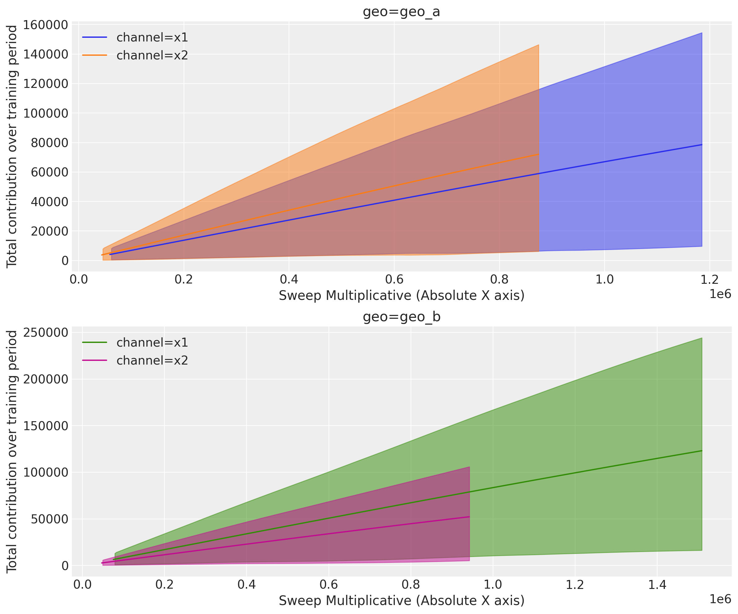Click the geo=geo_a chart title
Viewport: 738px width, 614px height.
[401, 12]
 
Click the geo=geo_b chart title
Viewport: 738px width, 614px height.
[401, 317]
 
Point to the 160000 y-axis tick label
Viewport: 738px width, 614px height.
[45, 25]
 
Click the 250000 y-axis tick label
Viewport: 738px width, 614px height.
[45, 332]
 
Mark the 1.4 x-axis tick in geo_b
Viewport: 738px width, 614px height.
[657, 585]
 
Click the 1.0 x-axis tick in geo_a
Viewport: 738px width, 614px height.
[605, 279]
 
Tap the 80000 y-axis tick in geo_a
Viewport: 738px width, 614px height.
[49, 143]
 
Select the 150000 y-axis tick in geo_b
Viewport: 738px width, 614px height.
[45, 426]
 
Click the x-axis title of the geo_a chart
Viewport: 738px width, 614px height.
[401, 296]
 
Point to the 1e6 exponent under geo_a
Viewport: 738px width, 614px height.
[720, 294]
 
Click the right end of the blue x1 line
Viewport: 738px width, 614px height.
[701, 145]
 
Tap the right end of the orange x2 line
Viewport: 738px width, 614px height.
[538, 154]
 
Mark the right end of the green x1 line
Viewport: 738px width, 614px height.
[701, 451]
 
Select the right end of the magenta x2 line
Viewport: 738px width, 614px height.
[469, 517]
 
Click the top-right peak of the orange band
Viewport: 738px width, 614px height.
[538, 45]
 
